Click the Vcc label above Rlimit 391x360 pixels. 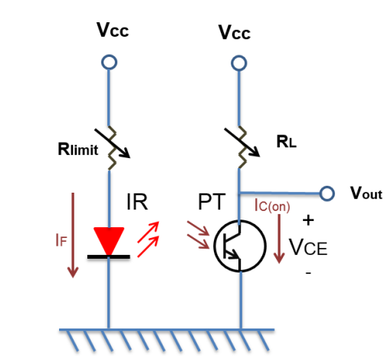(x=113, y=30)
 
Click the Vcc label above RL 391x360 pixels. (x=235, y=32)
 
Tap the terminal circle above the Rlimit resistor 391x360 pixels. (x=109, y=62)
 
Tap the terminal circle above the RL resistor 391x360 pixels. (x=239, y=63)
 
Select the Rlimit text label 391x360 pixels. (x=78, y=149)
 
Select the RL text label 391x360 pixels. (x=287, y=141)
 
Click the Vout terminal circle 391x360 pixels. (x=327, y=193)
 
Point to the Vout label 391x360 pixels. (x=366, y=193)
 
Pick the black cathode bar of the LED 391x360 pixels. (x=109, y=256)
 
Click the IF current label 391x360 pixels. (x=61, y=240)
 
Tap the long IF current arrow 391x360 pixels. (x=73, y=235)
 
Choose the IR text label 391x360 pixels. (x=137, y=202)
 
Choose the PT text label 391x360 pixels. (x=212, y=202)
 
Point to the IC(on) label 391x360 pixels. (x=272, y=206)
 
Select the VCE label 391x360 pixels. (x=308, y=247)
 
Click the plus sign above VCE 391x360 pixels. (x=308, y=220)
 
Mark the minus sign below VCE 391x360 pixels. (x=308, y=273)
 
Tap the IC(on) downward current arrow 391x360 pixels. (x=279, y=239)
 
